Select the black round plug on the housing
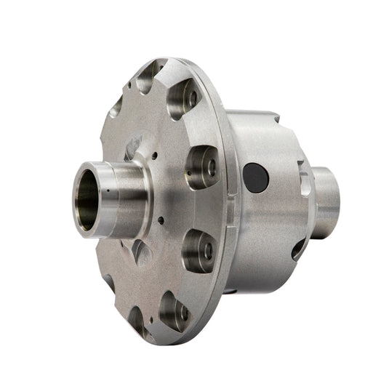pos(254,177)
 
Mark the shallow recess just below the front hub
pos(140,251)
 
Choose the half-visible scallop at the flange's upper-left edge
pos(117,108)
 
